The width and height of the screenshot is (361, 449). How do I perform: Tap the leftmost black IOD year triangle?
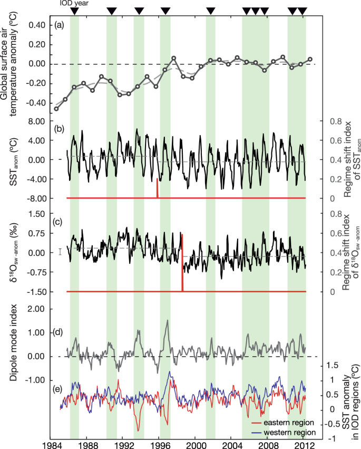coord(75,12)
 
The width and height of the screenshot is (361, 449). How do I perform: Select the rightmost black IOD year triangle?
coord(302,12)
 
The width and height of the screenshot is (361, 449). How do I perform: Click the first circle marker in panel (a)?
coord(56,109)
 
